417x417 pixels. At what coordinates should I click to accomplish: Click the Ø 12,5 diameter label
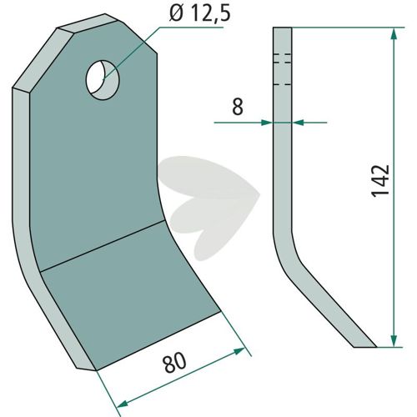[199, 13]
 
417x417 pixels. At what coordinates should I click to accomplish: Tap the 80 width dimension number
[175, 362]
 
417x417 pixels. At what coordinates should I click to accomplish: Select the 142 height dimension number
[380, 181]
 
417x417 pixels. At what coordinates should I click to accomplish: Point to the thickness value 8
[238, 107]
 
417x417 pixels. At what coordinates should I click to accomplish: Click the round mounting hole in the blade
[103, 80]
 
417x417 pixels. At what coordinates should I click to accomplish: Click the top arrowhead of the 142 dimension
[394, 35]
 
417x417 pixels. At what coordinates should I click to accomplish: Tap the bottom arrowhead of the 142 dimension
[394, 339]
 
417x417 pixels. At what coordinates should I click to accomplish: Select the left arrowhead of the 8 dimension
[266, 123]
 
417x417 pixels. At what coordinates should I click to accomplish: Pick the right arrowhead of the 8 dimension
[298, 123]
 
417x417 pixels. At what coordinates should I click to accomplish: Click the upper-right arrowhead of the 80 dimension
[239, 351]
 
